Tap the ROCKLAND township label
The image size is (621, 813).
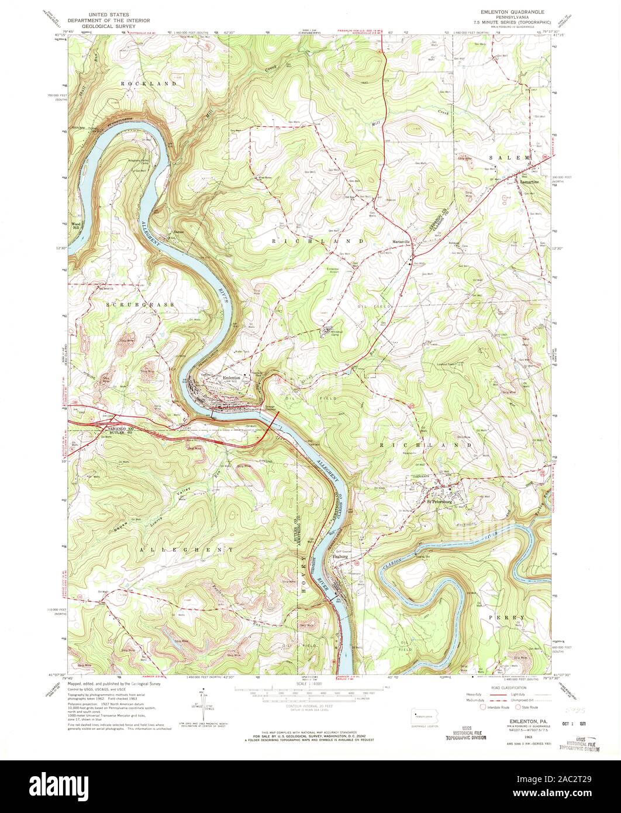pyautogui.click(x=149, y=84)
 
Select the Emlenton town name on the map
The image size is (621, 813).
pyautogui.click(x=233, y=377)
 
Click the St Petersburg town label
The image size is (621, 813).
pyautogui.click(x=440, y=501)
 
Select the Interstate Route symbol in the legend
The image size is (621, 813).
pyautogui.click(x=484, y=707)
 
